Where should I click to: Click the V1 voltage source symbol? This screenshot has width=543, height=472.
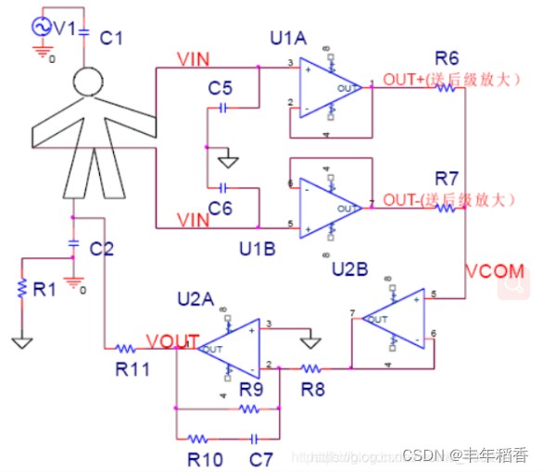(x=41, y=28)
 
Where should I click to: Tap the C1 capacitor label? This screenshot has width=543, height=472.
(x=111, y=38)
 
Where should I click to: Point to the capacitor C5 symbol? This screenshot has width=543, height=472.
(x=222, y=107)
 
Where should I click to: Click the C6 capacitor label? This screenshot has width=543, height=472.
(x=220, y=208)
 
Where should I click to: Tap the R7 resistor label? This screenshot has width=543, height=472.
(x=448, y=178)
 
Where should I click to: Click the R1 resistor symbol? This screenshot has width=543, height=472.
(x=21, y=288)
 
